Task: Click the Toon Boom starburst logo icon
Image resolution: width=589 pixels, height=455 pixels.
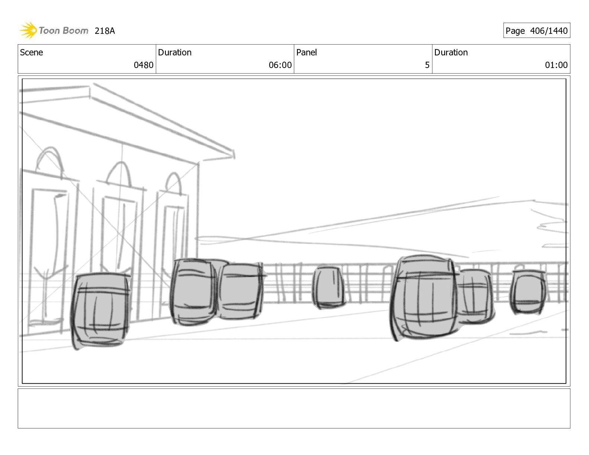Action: click(x=28, y=30)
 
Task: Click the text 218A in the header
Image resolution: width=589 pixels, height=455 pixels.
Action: click(x=104, y=31)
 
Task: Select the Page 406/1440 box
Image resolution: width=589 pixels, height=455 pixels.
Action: click(x=536, y=30)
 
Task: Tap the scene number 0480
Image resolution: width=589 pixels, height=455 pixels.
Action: click(x=144, y=65)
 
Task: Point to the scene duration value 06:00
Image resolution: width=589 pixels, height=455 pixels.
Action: click(x=280, y=65)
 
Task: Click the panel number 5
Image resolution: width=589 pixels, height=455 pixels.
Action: click(x=427, y=65)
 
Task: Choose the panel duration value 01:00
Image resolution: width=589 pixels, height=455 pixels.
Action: click(x=556, y=65)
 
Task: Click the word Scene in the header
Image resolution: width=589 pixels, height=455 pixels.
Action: click(x=32, y=52)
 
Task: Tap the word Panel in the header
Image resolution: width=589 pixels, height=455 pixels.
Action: click(x=306, y=52)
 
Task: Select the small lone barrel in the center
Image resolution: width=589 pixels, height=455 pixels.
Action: click(x=328, y=287)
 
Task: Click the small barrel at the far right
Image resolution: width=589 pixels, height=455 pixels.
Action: click(x=528, y=292)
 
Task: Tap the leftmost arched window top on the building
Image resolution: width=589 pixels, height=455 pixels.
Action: click(x=49, y=160)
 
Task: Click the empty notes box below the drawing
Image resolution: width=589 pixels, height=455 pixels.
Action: click(x=294, y=408)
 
